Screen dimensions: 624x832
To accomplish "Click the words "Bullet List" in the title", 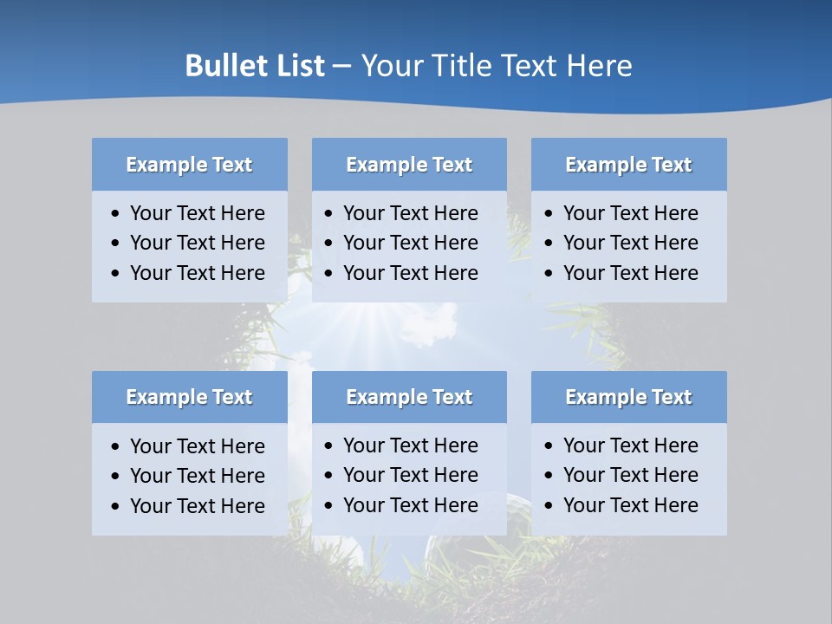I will (x=255, y=66).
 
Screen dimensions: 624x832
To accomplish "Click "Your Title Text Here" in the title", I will (x=497, y=66).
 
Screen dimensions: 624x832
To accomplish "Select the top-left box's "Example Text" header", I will (x=189, y=165).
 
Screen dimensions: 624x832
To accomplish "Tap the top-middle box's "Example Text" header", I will (x=409, y=165).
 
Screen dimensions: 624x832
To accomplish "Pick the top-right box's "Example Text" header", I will (x=628, y=165).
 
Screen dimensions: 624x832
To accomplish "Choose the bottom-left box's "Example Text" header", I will (x=189, y=397).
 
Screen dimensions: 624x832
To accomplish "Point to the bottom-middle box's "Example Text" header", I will (x=409, y=397).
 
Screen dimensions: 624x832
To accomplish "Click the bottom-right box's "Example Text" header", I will (x=628, y=397).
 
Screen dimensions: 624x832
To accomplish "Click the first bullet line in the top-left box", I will (x=197, y=213).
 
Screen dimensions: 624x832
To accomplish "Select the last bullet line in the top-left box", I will (x=197, y=273).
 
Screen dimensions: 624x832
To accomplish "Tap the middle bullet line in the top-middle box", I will (x=410, y=243).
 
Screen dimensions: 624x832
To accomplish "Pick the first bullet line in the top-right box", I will (x=630, y=213).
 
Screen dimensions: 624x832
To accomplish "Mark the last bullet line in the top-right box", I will (x=630, y=273).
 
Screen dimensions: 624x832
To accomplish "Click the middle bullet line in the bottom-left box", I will (x=197, y=476).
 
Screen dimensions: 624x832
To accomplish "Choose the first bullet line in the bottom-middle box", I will (x=410, y=445).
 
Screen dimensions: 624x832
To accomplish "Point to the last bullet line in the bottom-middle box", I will (x=410, y=505).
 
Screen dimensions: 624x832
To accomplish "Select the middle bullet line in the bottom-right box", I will (x=630, y=475).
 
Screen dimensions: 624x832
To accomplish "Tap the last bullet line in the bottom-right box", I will (x=630, y=505).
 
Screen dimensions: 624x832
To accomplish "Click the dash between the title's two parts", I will (x=341, y=67).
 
